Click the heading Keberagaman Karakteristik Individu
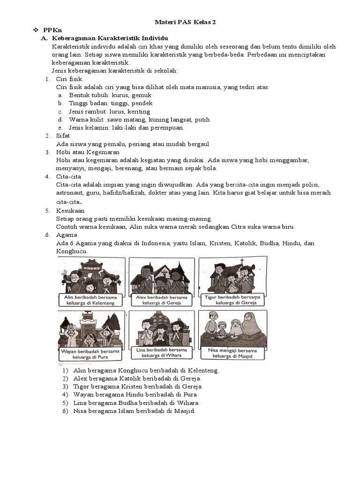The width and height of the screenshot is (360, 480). (x=110, y=38)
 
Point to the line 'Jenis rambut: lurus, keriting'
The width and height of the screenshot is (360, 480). (x=109, y=112)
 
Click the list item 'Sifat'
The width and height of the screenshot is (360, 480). (x=63, y=136)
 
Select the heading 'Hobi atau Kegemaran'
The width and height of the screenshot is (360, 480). (x=88, y=152)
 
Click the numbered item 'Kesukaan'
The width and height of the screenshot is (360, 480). (x=70, y=210)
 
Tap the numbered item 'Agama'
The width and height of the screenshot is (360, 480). (x=66, y=235)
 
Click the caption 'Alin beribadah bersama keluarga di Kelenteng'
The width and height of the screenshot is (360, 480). (x=91, y=300)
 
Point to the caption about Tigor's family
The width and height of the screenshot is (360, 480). (x=232, y=300)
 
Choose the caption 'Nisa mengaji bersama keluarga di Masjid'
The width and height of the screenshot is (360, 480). (x=232, y=353)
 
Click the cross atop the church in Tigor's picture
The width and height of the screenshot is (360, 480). (x=242, y=262)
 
